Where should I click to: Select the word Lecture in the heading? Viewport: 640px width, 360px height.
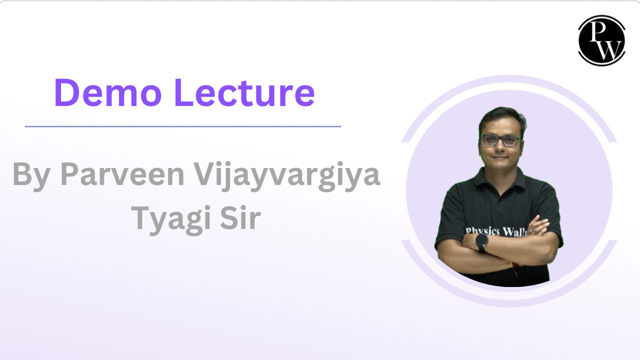coord(244,93)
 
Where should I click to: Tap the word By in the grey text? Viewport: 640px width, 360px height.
coord(30,175)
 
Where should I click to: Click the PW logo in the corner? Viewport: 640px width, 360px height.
coord(601,40)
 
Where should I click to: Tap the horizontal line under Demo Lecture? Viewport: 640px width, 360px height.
coord(182,126)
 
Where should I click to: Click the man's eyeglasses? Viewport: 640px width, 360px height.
coord(500,140)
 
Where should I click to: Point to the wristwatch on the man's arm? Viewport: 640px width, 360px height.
coord(482,243)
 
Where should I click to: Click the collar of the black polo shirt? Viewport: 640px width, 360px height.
coord(500,175)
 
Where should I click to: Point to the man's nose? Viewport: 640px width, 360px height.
coord(501,149)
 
